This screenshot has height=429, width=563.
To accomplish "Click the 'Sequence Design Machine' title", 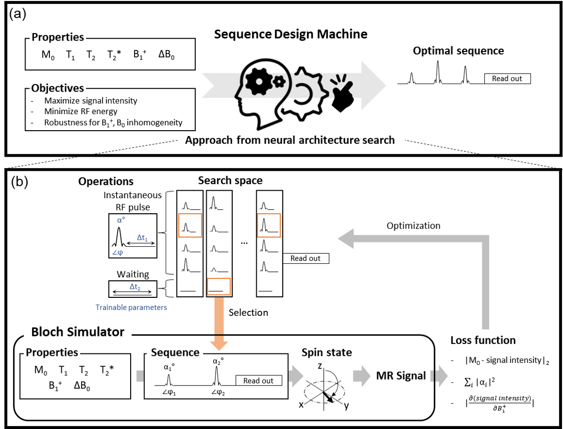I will [291, 35].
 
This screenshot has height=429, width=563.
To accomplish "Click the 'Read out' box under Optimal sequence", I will [507, 79].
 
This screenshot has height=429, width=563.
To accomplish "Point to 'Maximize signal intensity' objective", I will [91, 101].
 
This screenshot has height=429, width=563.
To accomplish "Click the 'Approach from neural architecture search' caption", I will [290, 140].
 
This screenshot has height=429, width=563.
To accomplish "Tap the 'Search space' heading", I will [230, 180].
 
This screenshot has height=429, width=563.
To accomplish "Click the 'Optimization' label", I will [413, 225].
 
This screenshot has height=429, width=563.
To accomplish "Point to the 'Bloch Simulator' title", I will [78, 332].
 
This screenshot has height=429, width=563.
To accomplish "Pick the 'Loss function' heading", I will [483, 340].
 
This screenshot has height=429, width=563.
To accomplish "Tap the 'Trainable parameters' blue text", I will [131, 307].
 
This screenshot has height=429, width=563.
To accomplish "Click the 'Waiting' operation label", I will [133, 274].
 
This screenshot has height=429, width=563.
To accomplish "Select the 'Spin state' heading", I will [326, 352].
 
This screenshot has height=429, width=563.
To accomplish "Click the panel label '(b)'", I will [19, 181].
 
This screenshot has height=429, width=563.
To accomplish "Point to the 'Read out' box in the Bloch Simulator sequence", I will [258, 381].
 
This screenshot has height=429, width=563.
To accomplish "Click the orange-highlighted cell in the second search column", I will [218, 287].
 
